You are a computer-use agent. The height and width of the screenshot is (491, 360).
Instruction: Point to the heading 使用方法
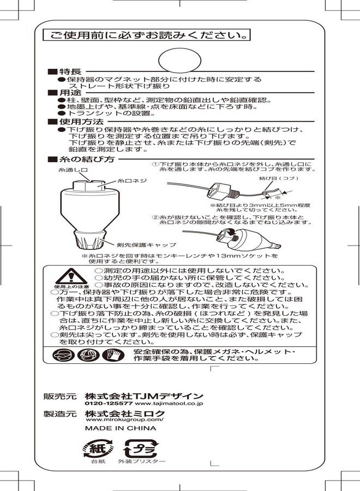(x=80, y=121)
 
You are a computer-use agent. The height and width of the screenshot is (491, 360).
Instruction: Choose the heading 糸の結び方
(x=86, y=159)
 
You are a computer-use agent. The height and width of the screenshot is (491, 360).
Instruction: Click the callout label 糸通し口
(x=73, y=170)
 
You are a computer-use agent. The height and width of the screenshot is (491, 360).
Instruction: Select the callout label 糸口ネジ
(x=132, y=181)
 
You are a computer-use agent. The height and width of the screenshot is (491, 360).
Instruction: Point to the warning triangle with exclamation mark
(x=71, y=276)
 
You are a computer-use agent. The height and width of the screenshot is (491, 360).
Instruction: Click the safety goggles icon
(x=64, y=355)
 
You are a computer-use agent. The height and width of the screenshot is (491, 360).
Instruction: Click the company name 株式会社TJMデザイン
(x=144, y=396)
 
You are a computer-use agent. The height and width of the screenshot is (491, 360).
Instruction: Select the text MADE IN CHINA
(x=120, y=429)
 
